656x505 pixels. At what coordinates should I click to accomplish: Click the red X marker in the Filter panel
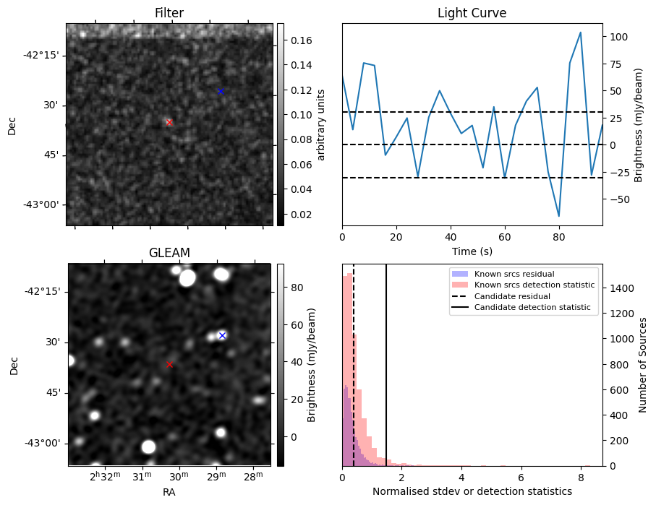click(x=169, y=122)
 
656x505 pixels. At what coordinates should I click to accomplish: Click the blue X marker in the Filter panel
click(x=221, y=91)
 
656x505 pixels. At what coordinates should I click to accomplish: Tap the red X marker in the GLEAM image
click(x=169, y=364)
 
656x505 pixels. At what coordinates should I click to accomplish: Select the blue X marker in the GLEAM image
click(x=222, y=335)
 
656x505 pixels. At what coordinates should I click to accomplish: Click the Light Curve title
click(x=472, y=13)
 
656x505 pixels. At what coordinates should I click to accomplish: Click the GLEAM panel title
click(x=169, y=253)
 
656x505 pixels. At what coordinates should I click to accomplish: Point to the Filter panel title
click(x=169, y=13)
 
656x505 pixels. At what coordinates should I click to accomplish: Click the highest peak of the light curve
click(x=580, y=33)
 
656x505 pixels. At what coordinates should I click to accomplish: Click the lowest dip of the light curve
click(x=558, y=216)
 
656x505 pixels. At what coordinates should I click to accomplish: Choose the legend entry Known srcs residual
click(x=514, y=274)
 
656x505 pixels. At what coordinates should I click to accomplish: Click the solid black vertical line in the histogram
click(x=386, y=361)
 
